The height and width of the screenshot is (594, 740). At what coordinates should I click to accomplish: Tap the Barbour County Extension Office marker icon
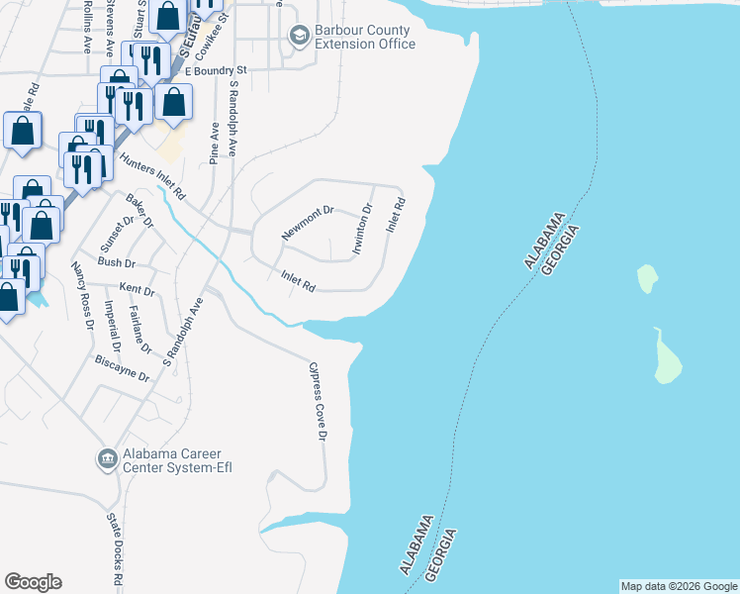point(298,37)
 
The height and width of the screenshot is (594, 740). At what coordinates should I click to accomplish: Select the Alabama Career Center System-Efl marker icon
point(107,457)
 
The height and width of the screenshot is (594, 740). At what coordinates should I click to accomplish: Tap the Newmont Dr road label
point(309,223)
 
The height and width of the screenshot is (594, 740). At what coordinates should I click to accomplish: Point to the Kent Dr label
point(137,291)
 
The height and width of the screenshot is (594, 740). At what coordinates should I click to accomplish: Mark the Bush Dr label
point(116,263)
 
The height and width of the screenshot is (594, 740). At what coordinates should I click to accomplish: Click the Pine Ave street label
point(214,144)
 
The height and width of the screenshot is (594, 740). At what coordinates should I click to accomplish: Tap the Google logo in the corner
point(33,582)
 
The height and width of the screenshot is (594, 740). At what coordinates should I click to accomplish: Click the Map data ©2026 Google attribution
point(679,586)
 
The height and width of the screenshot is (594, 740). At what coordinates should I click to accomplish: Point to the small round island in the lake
point(646,278)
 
